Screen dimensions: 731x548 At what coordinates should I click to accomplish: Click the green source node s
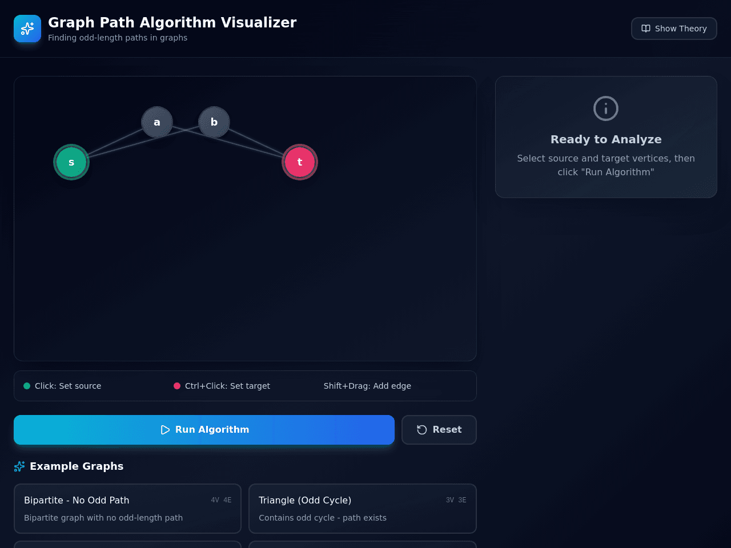pyautogui.click(x=71, y=162)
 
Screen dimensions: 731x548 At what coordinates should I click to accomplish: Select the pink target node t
pyautogui.click(x=300, y=162)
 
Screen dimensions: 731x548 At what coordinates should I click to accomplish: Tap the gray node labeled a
pyautogui.click(x=157, y=122)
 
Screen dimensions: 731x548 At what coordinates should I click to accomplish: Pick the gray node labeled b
pyautogui.click(x=214, y=122)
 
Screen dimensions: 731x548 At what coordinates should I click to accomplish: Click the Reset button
pyautogui.click(x=439, y=429)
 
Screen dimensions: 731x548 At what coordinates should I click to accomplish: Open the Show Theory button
pyautogui.click(x=674, y=29)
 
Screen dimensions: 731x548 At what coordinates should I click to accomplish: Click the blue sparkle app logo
pyautogui.click(x=27, y=29)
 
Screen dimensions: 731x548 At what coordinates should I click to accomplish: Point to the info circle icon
pyautogui.click(x=606, y=108)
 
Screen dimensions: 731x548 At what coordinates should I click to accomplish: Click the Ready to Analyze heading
pyautogui.click(x=606, y=139)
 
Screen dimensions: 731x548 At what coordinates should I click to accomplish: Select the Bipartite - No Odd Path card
pyautogui.click(x=127, y=509)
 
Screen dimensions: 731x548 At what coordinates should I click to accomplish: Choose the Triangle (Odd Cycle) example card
pyautogui.click(x=362, y=509)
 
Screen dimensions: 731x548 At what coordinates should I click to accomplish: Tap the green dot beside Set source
pyautogui.click(x=27, y=386)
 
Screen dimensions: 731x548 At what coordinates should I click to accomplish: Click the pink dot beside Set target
pyautogui.click(x=177, y=386)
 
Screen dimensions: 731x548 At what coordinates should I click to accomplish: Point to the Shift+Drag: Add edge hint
pyautogui.click(x=367, y=386)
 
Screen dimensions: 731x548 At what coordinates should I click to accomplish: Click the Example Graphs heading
pyautogui.click(x=77, y=466)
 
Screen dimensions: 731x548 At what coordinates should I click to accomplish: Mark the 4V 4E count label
pyautogui.click(x=221, y=500)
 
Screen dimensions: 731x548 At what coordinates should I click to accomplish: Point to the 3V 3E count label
pyautogui.click(x=456, y=500)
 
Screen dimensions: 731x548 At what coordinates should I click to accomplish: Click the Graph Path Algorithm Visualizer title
pyautogui.click(x=172, y=23)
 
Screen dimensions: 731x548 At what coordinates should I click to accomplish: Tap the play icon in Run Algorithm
pyautogui.click(x=165, y=429)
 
